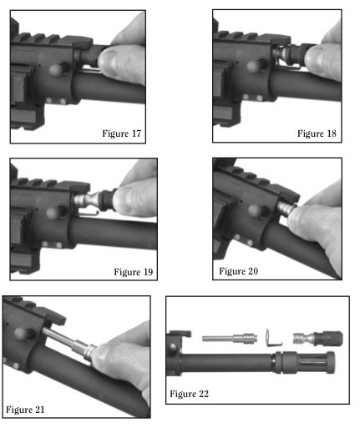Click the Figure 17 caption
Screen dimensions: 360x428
point(122,133)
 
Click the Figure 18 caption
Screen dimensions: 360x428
point(317,133)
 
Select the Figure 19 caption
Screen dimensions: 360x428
point(134,272)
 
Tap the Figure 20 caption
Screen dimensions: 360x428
point(239,271)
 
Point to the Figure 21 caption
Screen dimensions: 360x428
point(25,410)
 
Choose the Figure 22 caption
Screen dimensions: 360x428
point(189,394)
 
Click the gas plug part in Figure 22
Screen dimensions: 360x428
point(317,339)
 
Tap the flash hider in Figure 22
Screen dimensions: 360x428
point(304,362)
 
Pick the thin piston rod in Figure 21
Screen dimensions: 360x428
point(64,338)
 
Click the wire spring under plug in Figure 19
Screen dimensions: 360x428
point(87,214)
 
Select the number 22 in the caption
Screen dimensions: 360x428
point(204,394)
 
